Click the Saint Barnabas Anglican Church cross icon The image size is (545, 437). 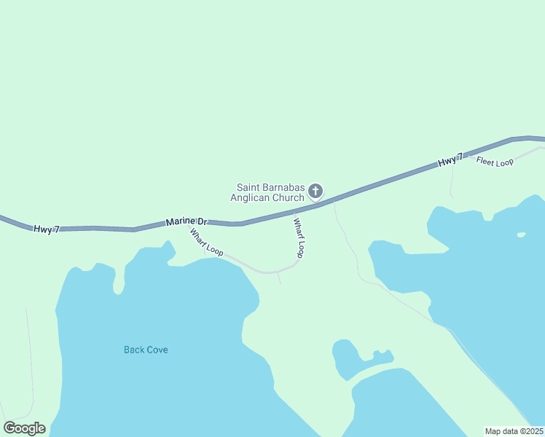315,192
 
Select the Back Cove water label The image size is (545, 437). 146,350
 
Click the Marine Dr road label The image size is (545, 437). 187,221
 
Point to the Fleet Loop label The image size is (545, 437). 495,161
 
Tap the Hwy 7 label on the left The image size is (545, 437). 46,229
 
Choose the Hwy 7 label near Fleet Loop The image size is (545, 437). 450,161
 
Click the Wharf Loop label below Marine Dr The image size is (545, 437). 206,242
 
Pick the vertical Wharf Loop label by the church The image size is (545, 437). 298,237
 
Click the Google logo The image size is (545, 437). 24,428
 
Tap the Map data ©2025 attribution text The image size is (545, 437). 513,431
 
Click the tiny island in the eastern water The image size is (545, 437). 521,235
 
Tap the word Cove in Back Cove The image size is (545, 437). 157,350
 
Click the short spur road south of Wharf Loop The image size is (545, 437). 278,278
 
